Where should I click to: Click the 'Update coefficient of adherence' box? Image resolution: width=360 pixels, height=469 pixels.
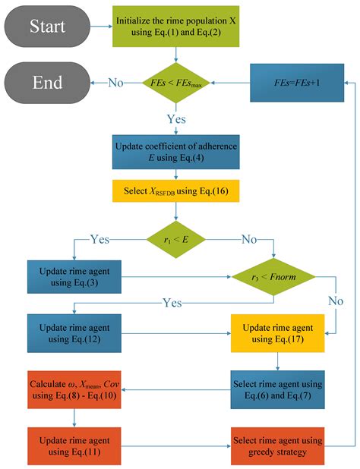pyautogui.click(x=176, y=150)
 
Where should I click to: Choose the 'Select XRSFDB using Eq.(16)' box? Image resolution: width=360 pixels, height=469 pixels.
pyautogui.click(x=176, y=190)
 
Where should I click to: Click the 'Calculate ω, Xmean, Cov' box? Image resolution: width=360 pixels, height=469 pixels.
pyautogui.click(x=74, y=389)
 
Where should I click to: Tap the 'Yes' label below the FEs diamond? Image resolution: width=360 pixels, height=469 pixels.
pyautogui.click(x=176, y=119)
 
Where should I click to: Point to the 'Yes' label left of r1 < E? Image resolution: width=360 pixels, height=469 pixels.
pyautogui.click(x=98, y=239)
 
